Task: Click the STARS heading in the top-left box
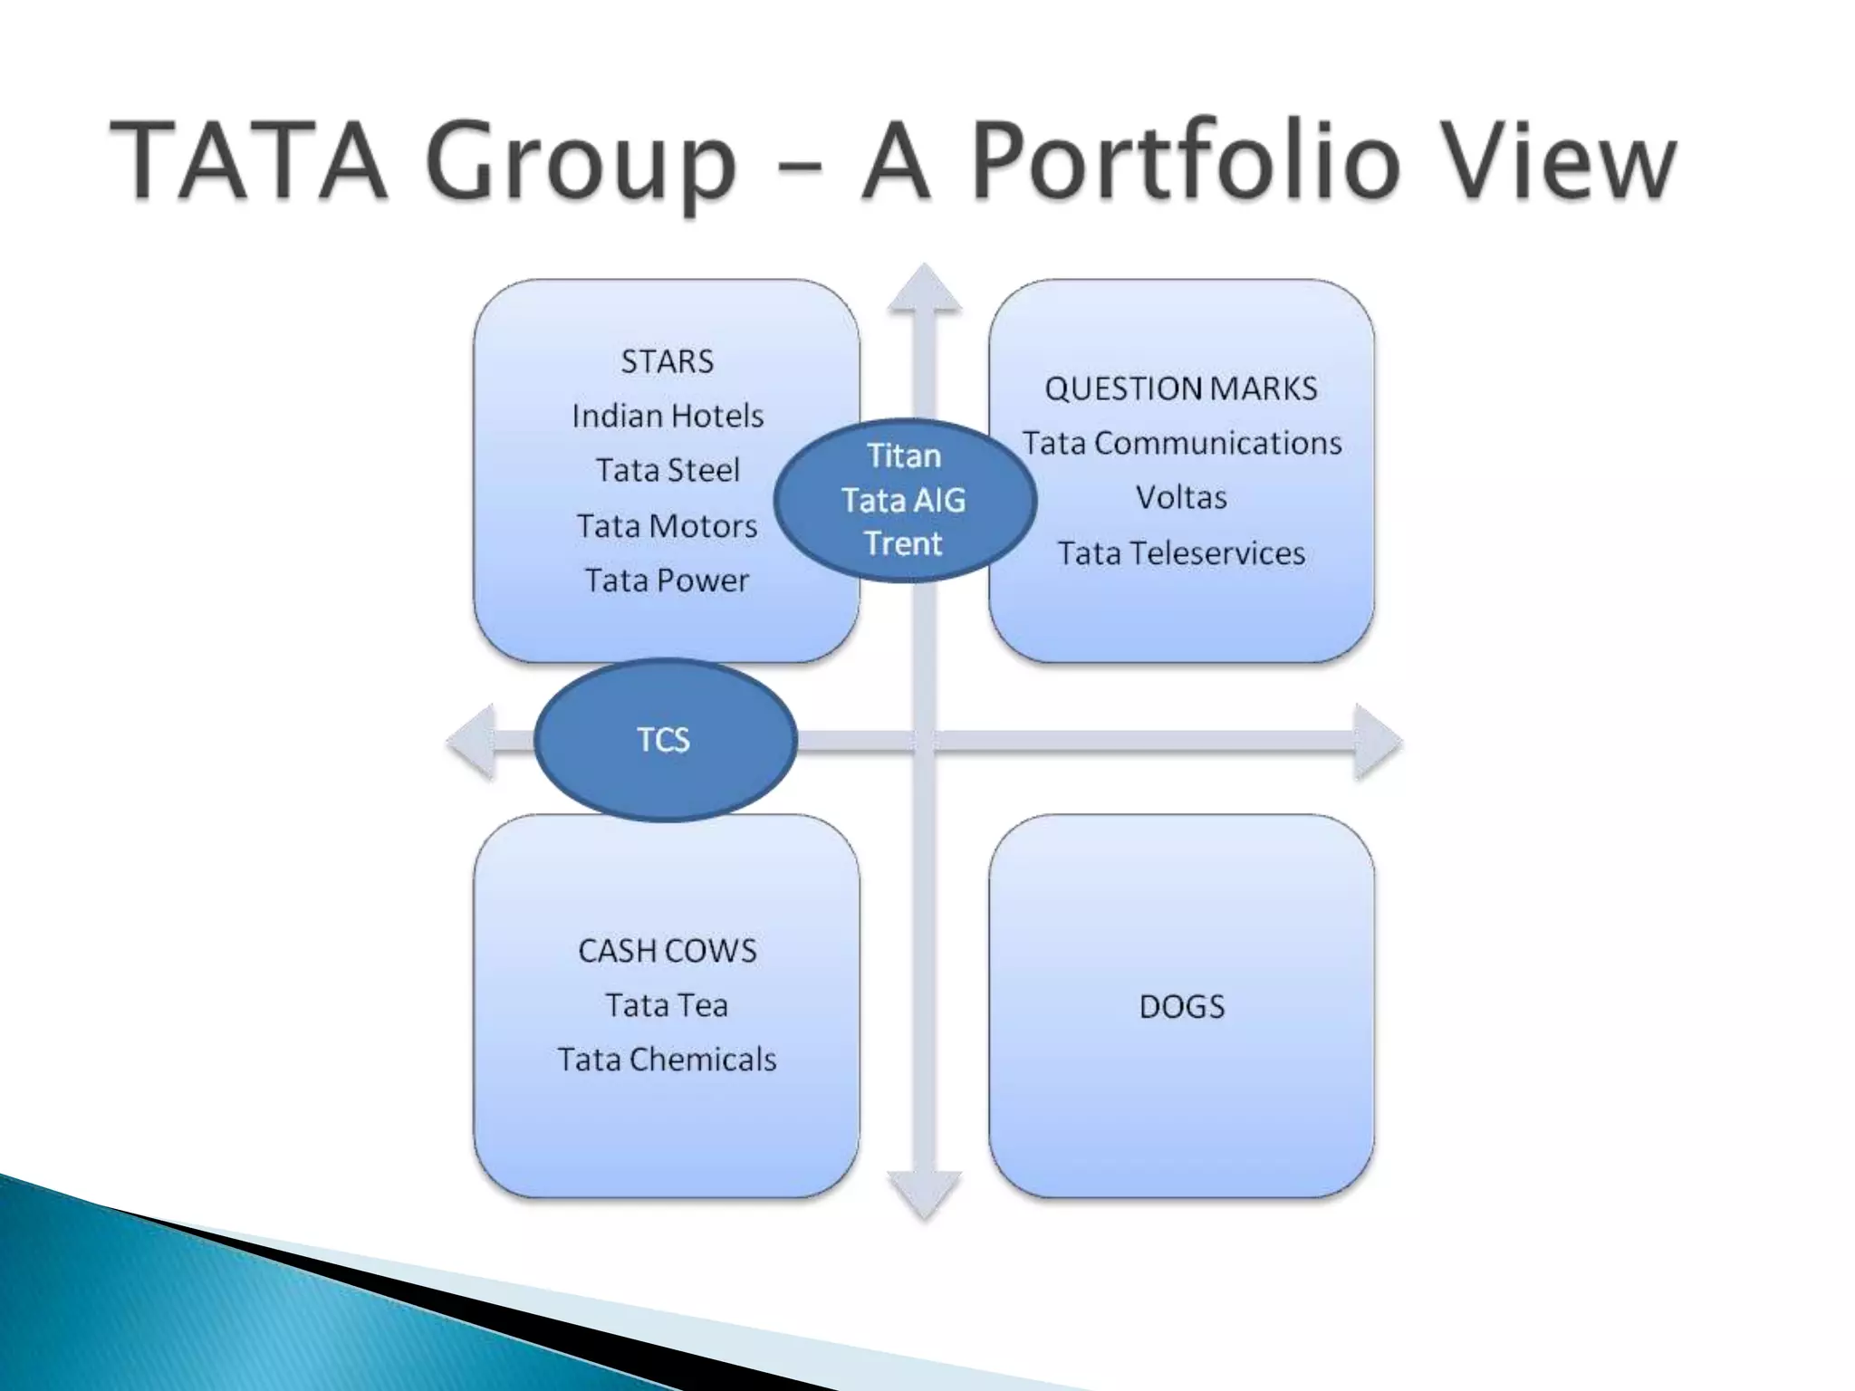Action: coord(667,361)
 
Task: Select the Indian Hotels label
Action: coord(668,416)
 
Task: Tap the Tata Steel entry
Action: coord(668,470)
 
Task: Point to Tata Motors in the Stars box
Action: coord(667,525)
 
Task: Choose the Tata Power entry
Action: coord(667,580)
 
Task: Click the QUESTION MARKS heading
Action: coord(1180,389)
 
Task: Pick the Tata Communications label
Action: coord(1181,443)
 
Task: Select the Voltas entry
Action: coord(1181,497)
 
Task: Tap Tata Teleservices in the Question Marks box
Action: coord(1181,552)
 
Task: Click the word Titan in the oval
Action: coord(904,456)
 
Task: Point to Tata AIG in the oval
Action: coord(904,500)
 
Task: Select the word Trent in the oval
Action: coord(904,543)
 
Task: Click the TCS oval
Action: coord(664,740)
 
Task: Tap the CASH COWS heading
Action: coord(667,950)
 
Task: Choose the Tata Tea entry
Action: coord(667,1004)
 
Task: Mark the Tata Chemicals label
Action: coord(667,1059)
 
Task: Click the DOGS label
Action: coord(1181,1006)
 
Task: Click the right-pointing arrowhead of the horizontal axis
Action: coord(1377,742)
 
